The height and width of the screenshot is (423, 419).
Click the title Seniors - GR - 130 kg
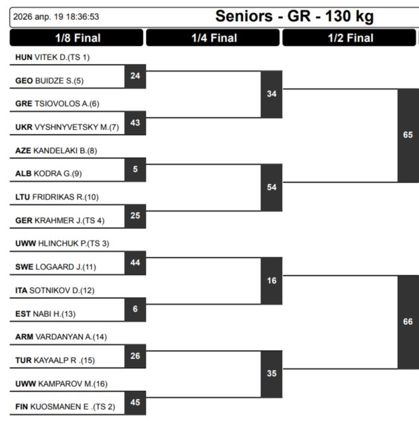[x=294, y=16]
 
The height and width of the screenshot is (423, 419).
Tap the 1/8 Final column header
[x=77, y=38]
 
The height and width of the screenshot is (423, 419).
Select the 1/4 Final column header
[x=213, y=38]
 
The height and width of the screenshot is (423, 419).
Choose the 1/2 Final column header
[x=350, y=38]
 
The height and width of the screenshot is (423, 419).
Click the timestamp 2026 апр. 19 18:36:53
[x=56, y=17]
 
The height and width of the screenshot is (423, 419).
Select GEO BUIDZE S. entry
[x=49, y=81]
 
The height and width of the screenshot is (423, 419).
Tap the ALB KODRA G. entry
[x=48, y=174]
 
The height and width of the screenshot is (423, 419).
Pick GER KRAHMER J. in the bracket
[x=60, y=221]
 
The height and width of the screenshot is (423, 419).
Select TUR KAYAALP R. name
[x=55, y=360]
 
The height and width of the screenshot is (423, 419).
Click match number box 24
[x=135, y=76]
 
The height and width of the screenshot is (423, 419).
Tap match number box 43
[x=135, y=123]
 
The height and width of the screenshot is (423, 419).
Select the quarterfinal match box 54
[x=271, y=187]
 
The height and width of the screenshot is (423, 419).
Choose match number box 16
[x=271, y=281]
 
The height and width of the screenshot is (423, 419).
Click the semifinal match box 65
[x=408, y=135]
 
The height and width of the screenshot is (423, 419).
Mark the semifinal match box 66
[x=408, y=322]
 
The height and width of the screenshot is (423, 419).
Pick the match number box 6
[x=135, y=309]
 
